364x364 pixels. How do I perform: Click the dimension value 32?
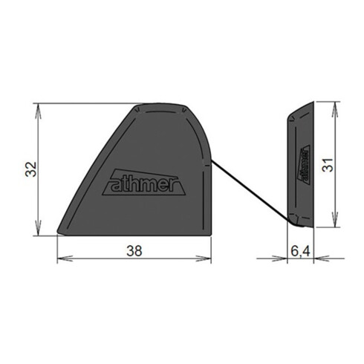(31, 169)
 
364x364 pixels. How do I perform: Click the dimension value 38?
(134, 251)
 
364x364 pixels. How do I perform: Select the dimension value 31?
(328, 165)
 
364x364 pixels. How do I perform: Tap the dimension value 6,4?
(300, 252)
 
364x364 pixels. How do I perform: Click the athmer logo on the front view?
(144, 183)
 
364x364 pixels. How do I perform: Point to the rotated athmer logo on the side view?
(305, 165)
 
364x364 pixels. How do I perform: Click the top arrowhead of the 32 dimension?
(38, 111)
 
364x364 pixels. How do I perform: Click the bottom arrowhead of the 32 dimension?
(38, 228)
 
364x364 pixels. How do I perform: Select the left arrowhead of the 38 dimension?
(65, 259)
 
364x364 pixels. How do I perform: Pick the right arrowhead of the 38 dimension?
(204, 259)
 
